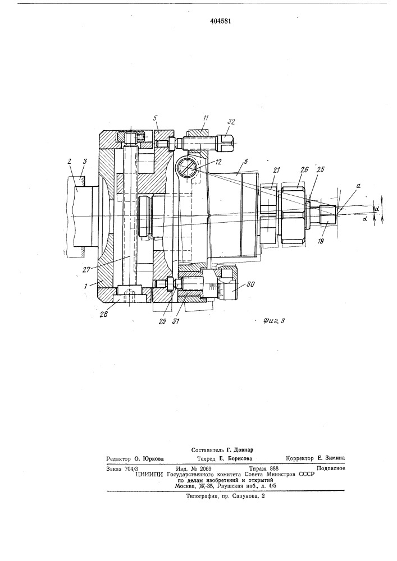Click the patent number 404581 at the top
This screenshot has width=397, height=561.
(x=220, y=21)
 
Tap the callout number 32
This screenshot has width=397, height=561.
(x=231, y=122)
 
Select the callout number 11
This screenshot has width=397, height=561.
(x=206, y=118)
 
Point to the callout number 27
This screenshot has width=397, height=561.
(x=86, y=269)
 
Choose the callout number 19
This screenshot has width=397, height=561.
(x=321, y=241)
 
